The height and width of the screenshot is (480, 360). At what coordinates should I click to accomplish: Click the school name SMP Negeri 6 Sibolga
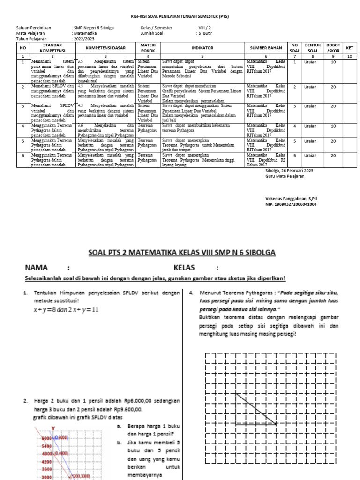(x=94, y=28)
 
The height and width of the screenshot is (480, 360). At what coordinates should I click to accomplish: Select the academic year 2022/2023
(x=85, y=39)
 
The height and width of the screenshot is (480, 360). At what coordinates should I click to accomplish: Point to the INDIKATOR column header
(x=202, y=48)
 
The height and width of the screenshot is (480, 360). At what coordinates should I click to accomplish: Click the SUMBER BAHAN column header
(x=265, y=48)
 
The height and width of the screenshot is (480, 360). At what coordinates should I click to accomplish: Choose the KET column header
(x=349, y=48)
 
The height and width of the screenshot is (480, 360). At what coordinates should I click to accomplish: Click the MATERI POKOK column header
(x=148, y=47)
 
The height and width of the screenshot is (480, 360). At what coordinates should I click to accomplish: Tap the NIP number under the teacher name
(x=291, y=204)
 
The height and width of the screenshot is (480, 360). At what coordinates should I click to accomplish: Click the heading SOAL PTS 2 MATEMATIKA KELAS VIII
(x=182, y=253)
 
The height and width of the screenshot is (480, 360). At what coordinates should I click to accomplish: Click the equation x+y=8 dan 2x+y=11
(x=66, y=310)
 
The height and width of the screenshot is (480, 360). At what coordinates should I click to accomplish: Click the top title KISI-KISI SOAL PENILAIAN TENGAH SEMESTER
(x=180, y=16)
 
